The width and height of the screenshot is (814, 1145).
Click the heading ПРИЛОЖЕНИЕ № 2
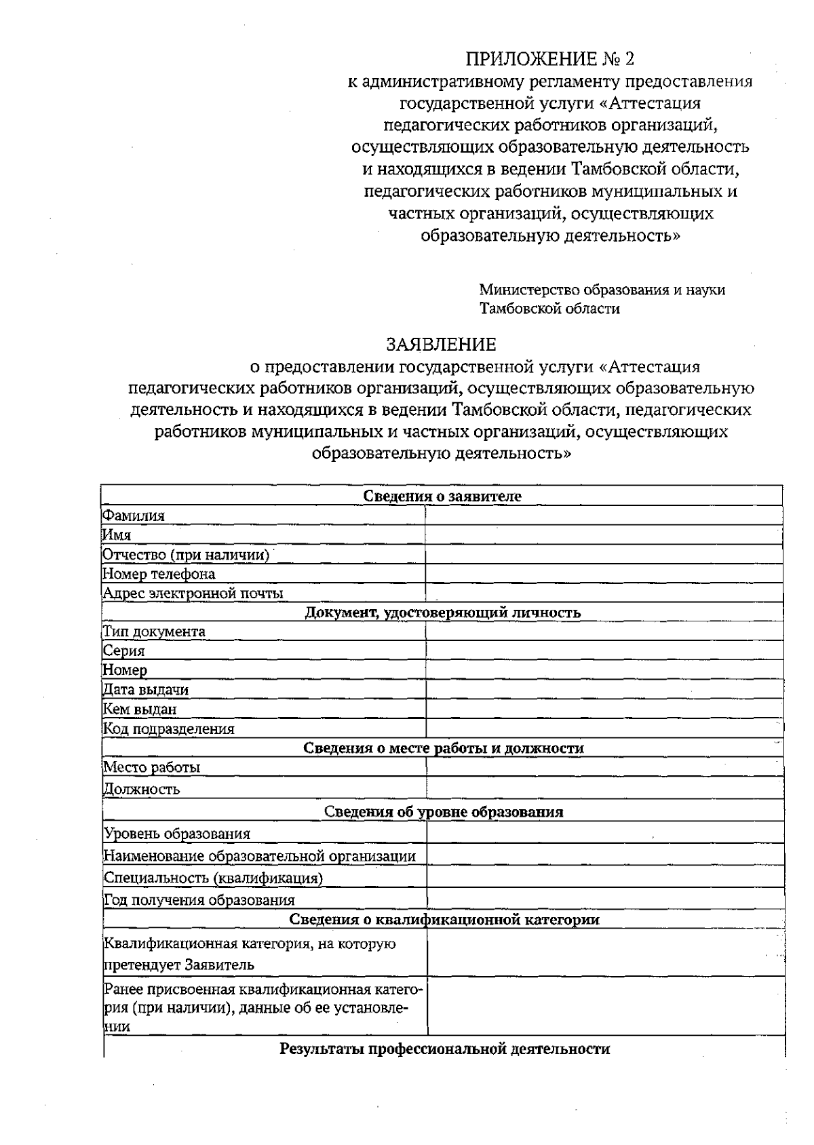549,60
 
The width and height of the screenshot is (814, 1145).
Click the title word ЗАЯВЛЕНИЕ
441,345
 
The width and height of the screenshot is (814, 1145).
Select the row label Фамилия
134,516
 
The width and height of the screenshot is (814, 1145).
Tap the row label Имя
117,535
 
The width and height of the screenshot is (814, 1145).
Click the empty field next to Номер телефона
604,574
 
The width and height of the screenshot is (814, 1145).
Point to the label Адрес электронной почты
193,594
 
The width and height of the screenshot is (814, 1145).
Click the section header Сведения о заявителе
442,497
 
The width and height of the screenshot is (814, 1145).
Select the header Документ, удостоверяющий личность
442,613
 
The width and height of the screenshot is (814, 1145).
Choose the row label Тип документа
154,632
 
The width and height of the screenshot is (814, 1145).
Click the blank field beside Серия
604,651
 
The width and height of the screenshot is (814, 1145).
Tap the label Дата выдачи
146,690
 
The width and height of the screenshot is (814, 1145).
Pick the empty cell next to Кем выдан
604,710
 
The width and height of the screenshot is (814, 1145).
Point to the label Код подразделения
169,729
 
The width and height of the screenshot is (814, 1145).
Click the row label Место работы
152,768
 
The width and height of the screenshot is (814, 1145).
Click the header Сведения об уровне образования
444,812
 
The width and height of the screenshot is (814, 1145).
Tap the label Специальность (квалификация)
213,878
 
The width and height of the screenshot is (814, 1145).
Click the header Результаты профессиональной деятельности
444,1049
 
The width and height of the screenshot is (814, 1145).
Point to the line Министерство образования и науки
602,290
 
